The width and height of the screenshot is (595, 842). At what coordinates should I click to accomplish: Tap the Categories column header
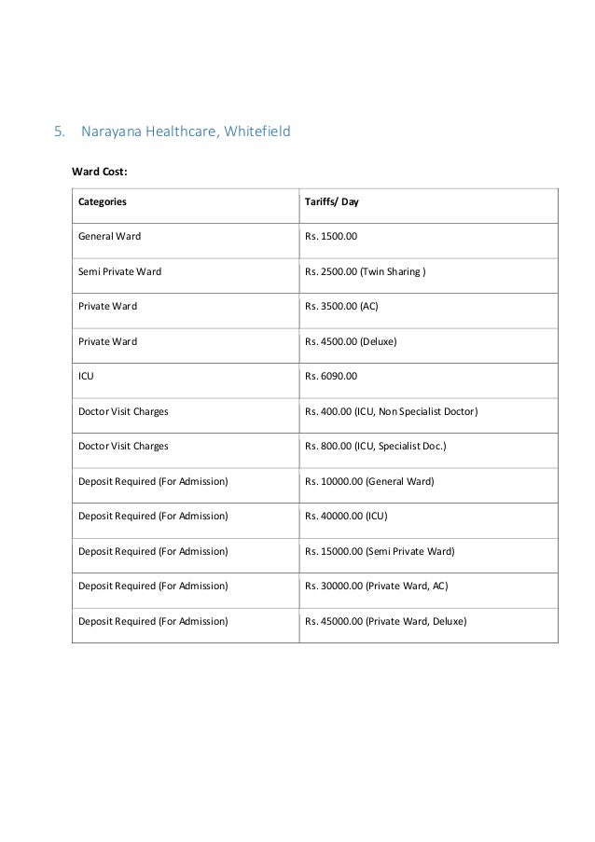103,200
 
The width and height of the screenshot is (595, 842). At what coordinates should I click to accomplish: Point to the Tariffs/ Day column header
332,200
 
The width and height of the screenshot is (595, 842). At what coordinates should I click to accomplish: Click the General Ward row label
109,236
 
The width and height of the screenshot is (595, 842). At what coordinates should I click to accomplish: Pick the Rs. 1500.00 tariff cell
330,236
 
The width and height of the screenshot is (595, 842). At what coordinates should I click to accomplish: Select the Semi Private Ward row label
119,271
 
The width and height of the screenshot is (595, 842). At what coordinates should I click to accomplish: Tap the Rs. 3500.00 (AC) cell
340,307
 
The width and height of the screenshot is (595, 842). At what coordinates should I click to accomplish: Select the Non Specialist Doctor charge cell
391,411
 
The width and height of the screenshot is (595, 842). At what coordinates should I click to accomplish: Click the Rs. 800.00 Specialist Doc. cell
376,446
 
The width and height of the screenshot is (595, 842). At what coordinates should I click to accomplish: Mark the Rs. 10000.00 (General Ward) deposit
370,481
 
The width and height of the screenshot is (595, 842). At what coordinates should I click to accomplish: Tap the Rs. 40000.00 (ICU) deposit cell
349,516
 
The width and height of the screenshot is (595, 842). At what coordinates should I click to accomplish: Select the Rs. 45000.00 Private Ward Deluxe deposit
385,621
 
